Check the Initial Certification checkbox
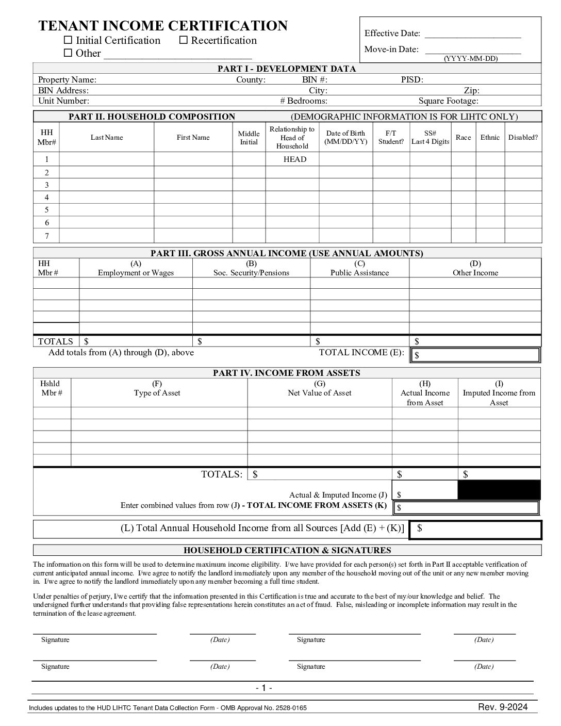pos(68,40)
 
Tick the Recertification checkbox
pos(184,40)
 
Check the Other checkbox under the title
pos(68,53)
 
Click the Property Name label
pos(67,79)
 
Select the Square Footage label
pos(448,101)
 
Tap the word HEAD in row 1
pos(294,159)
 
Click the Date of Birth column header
pos(345,137)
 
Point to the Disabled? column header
pos(523,137)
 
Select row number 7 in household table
pos(47,236)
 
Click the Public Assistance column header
pos(359,268)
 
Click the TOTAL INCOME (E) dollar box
pos(475,355)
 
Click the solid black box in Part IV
pos(499,490)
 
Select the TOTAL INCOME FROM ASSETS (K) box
pos(466,507)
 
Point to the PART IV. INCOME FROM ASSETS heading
pos(286,373)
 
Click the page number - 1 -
pos(263,688)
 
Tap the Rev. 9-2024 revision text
pos(503,707)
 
